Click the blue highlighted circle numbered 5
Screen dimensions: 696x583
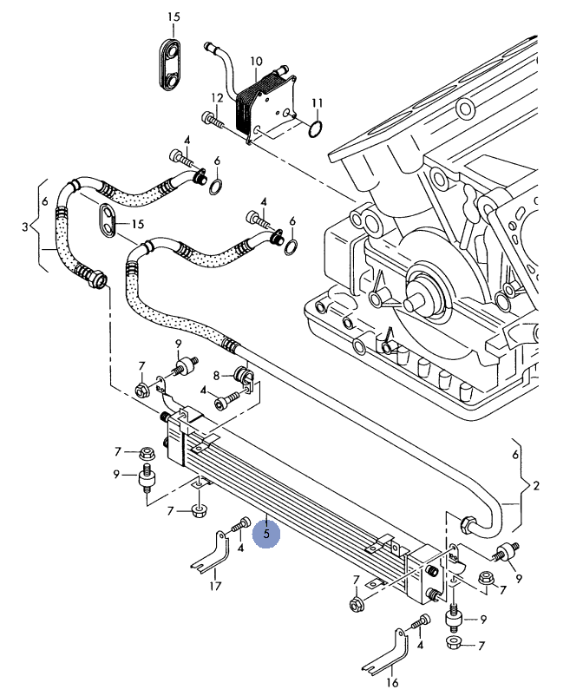[x=266, y=535]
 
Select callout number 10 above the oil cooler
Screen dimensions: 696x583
[x=256, y=62]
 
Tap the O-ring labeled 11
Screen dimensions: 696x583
[x=317, y=129]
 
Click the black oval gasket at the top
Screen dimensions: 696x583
[x=174, y=62]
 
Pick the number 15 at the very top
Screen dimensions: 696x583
[x=174, y=17]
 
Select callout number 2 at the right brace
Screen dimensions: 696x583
[x=536, y=484]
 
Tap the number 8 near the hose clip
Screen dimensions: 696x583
[x=217, y=376]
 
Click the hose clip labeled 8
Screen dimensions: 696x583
[x=244, y=378]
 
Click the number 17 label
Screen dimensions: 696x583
[x=215, y=586]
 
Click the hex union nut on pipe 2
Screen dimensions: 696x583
[x=468, y=523]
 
